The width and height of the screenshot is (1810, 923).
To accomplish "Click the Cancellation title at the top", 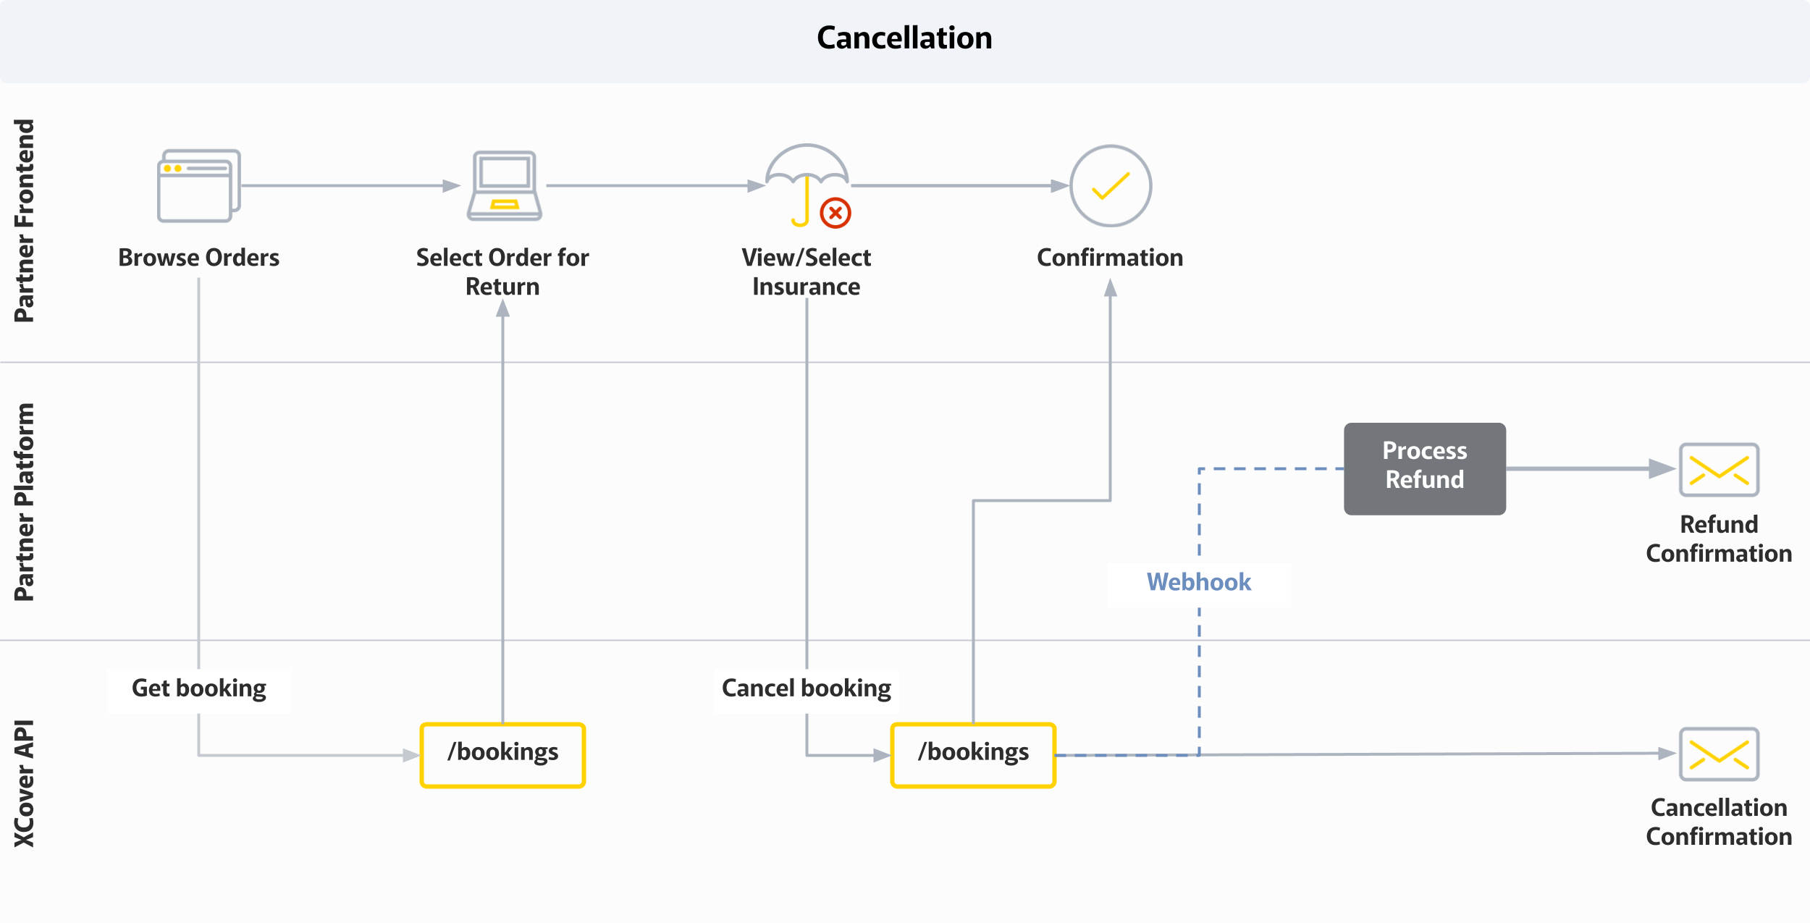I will click(x=904, y=38).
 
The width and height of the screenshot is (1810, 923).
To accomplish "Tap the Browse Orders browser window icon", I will click(x=198, y=186).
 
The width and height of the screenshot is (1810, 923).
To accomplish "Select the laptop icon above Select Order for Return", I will click(x=505, y=186).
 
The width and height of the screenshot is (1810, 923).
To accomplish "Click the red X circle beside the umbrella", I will click(x=835, y=213).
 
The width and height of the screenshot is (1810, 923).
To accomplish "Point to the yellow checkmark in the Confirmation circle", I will click(x=1111, y=186).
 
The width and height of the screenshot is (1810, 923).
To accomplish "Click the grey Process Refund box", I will click(x=1424, y=468).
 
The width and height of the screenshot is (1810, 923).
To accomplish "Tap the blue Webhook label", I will click(x=1198, y=582).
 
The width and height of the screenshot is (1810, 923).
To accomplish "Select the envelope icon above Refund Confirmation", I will click(x=1719, y=470).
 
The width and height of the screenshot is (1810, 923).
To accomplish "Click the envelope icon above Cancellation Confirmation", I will click(x=1719, y=754).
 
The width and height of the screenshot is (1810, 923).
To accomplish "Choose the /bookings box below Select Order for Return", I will click(x=502, y=754).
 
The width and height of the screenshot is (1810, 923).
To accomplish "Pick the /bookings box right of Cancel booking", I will click(x=973, y=754).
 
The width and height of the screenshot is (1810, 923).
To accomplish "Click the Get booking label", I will click(x=199, y=688).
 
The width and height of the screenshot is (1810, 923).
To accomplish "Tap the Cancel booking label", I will click(x=806, y=688).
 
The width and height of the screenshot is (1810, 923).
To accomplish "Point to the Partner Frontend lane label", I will click(x=24, y=221).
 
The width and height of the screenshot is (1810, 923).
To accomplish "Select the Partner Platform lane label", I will click(x=24, y=502).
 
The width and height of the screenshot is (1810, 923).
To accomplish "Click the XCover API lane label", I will click(x=24, y=783).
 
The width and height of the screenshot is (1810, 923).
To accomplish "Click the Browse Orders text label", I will click(x=199, y=258).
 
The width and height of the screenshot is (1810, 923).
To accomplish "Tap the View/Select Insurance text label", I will click(x=806, y=272).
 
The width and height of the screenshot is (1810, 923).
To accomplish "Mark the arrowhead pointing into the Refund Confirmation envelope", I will click(x=1662, y=468).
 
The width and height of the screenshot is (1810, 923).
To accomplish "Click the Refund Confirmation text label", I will click(x=1719, y=539).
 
